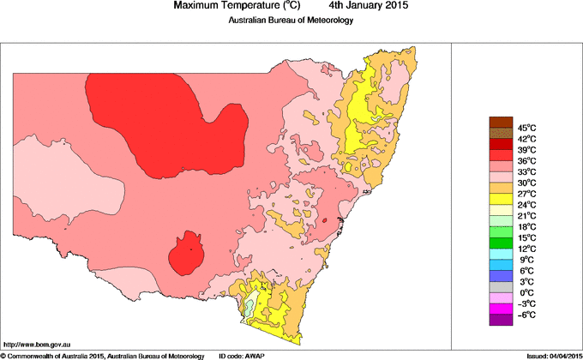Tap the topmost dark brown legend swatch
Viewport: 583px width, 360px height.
(501, 122)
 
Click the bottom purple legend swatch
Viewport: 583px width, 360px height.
(501, 321)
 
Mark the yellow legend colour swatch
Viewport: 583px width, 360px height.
(501, 199)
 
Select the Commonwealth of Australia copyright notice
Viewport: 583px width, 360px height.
(103, 355)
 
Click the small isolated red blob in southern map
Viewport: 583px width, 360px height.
(186, 254)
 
